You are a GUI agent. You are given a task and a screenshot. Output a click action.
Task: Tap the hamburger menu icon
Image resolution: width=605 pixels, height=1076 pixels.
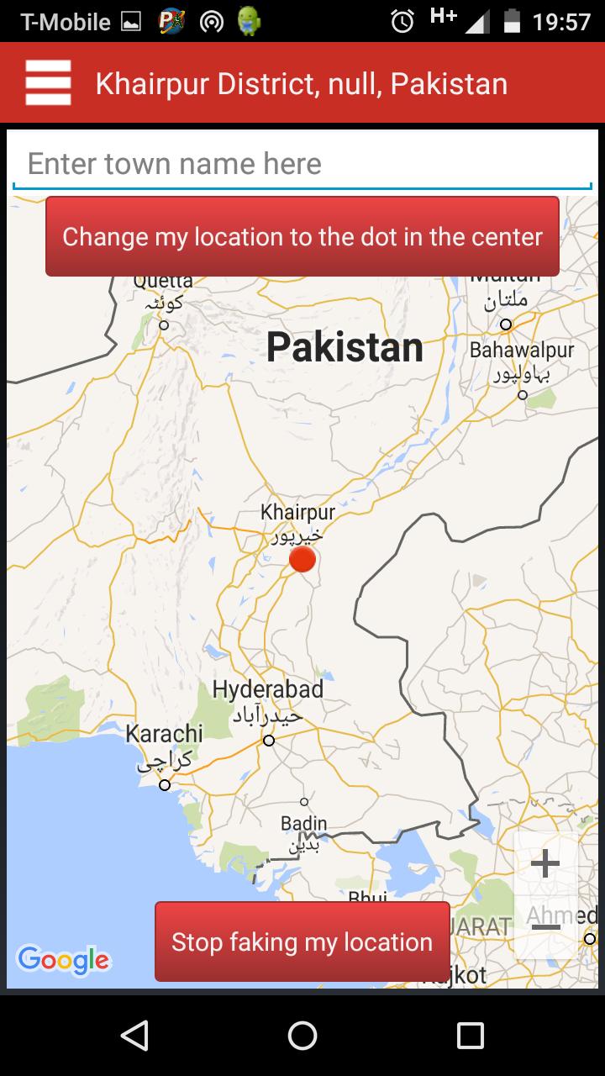(48, 83)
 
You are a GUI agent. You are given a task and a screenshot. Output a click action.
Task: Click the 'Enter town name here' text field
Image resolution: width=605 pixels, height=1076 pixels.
(302, 164)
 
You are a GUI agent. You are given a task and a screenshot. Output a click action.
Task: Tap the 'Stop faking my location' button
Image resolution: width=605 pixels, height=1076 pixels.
(302, 941)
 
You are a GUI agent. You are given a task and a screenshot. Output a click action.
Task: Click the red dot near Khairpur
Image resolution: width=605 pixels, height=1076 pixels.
(302, 559)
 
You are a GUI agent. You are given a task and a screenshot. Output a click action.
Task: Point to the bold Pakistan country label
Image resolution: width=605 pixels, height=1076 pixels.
(345, 347)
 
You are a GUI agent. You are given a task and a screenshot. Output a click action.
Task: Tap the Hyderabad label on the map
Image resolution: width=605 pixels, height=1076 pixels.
(267, 690)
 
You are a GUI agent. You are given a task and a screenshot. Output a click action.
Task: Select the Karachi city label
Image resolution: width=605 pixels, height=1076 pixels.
(165, 733)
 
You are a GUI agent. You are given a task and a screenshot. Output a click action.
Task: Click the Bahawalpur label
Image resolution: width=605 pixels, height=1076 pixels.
(522, 350)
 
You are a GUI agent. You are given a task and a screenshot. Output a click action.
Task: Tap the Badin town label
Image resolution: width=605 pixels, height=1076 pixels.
(303, 823)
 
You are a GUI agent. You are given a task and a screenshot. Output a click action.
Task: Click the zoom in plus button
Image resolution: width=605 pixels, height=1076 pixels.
(545, 863)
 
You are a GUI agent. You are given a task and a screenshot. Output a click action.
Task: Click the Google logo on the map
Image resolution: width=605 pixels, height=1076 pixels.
(64, 959)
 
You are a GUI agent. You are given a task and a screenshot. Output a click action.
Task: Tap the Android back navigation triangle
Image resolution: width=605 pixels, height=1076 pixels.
(134, 1035)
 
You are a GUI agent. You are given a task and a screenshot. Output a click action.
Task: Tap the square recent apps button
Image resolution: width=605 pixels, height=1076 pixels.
(470, 1035)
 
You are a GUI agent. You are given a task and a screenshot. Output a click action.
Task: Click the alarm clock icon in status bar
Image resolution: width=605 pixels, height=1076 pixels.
(402, 21)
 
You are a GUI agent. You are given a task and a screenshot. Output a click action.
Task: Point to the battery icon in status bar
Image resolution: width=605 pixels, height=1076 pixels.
(511, 21)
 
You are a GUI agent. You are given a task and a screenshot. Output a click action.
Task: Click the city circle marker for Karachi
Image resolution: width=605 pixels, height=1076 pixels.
(165, 785)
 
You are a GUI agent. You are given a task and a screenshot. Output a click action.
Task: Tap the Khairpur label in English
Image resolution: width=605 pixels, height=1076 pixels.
(297, 512)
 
